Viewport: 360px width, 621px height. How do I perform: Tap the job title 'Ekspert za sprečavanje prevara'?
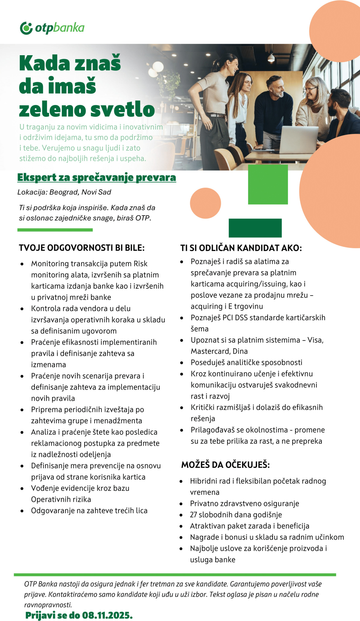click(97, 177)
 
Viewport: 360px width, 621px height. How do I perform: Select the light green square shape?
click(268, 184)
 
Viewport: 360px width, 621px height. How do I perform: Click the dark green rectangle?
click(255, 228)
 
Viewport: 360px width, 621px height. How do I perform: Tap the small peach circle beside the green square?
click(205, 203)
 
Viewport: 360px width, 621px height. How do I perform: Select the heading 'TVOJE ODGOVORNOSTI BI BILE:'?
click(82, 248)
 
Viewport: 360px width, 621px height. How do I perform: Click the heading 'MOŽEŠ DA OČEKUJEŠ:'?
click(225, 465)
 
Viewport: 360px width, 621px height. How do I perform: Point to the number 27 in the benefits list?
click(193, 515)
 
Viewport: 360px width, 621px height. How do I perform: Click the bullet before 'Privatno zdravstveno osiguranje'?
click(181, 504)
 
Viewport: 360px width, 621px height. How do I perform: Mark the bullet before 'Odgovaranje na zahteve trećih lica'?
click(22, 511)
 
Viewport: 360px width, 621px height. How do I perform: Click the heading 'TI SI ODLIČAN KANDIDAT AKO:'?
click(241, 248)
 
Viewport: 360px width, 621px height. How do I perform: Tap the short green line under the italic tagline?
click(55, 230)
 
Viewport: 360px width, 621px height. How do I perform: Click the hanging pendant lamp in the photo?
click(271, 57)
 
